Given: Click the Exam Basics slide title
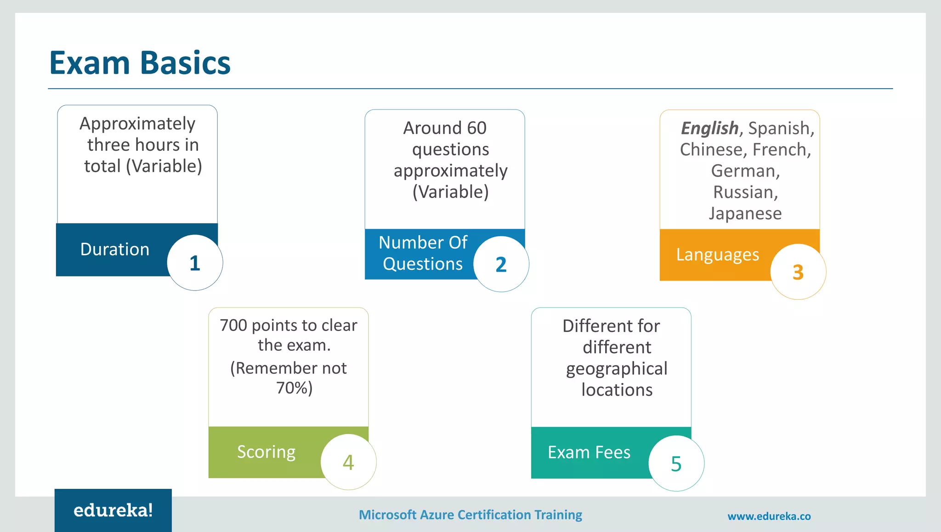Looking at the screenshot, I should point(140,63).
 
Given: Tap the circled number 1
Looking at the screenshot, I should point(195,263).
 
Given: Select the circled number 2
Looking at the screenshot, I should point(501,264).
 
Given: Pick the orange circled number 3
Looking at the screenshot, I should point(798,272).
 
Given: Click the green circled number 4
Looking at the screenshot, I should point(348,462).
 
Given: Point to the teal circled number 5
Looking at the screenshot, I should point(676,463).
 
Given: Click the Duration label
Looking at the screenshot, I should point(114,249).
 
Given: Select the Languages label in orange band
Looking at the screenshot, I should point(717,254).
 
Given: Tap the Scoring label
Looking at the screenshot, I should point(266,452).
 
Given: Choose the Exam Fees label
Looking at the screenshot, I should point(589,452).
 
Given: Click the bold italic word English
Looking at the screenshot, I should point(709,128).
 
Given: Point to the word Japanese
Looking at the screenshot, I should point(745,213).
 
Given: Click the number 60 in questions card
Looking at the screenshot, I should point(476,128).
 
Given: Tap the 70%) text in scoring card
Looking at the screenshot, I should point(294,388).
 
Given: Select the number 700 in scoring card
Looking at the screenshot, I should point(233,325).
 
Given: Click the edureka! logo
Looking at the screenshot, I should point(113,510).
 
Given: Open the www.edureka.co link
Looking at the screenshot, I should point(769,516).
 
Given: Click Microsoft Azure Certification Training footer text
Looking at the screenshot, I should point(470,515).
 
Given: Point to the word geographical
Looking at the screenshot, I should point(616,369).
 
